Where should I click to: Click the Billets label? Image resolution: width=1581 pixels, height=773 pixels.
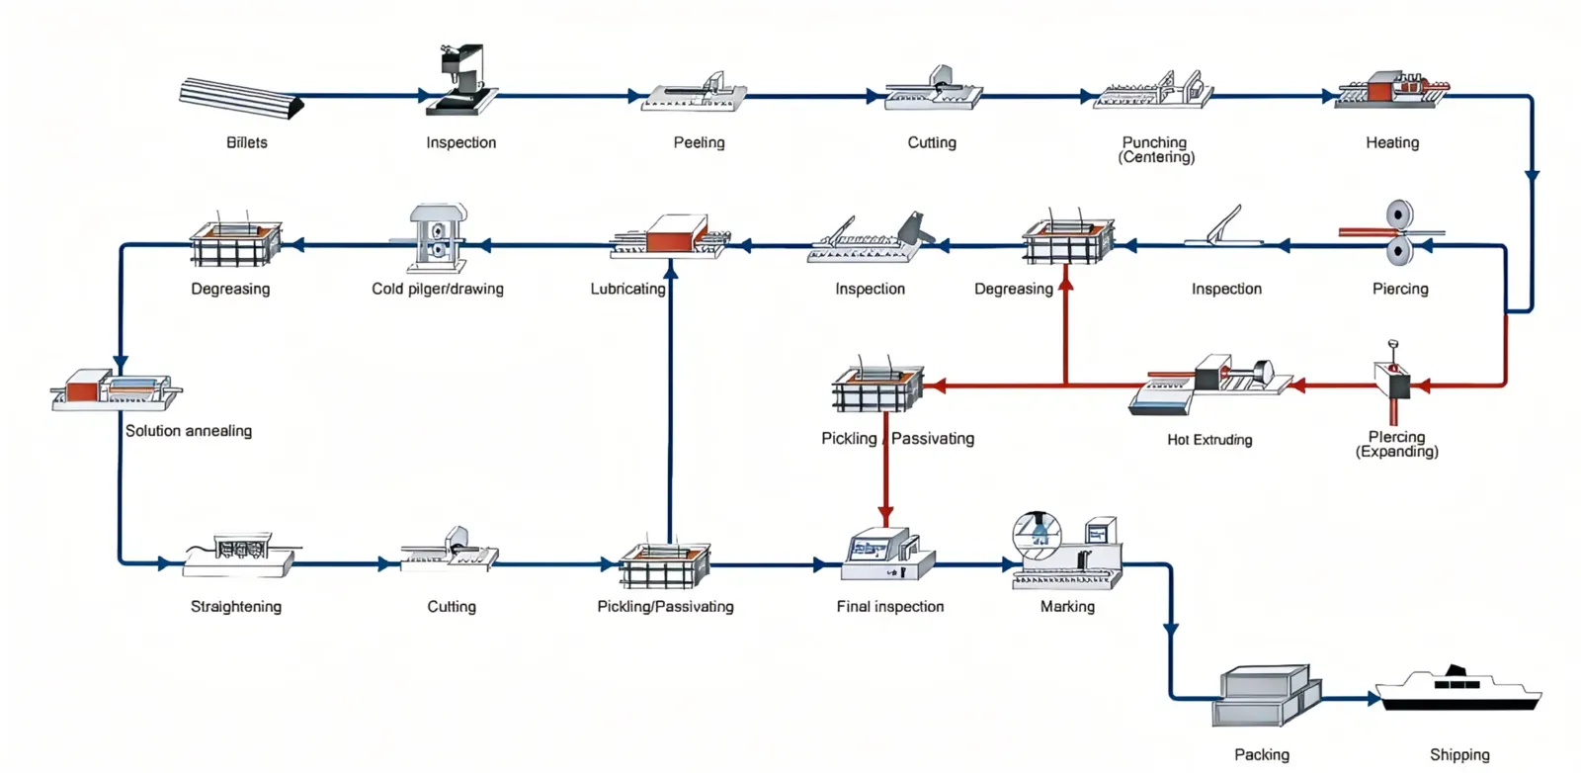(246, 142)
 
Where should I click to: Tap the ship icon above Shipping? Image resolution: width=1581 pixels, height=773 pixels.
(1458, 689)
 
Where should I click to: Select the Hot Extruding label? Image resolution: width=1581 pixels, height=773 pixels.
(1209, 440)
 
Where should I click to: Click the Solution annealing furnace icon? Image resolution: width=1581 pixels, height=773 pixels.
(117, 389)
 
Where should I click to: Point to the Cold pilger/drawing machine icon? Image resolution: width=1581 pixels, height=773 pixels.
(437, 237)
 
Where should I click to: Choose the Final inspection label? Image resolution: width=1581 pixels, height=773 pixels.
(889, 607)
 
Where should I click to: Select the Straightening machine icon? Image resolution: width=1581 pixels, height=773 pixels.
(240, 557)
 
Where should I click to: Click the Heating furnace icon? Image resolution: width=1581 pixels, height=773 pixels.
(1391, 90)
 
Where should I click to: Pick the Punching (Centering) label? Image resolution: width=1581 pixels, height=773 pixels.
(1155, 149)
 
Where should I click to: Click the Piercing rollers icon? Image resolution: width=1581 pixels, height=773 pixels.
(1397, 233)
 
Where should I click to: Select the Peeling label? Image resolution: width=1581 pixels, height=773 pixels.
(699, 142)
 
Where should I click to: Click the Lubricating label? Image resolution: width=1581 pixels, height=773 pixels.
(627, 289)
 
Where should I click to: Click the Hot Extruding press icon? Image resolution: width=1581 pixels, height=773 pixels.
(1210, 386)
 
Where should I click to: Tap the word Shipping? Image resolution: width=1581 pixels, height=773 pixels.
(1458, 755)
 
